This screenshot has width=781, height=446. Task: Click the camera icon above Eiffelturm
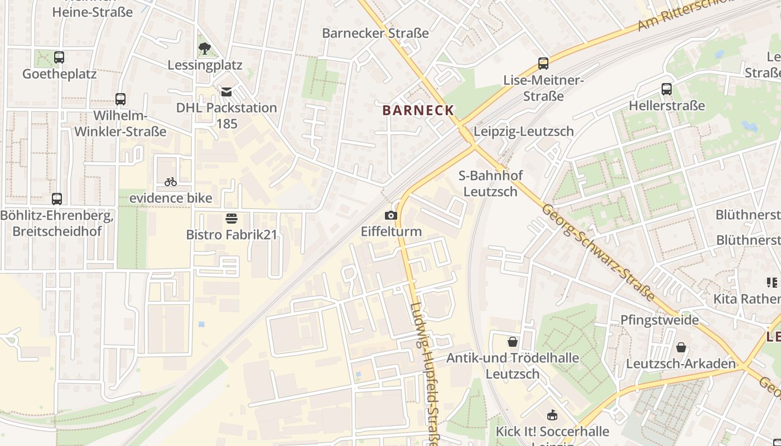pyautogui.click(x=391, y=215)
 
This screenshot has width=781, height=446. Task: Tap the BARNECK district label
pyautogui.click(x=418, y=110)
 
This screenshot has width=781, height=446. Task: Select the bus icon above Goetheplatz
pyautogui.click(x=59, y=57)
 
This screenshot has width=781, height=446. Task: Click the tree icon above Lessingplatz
pyautogui.click(x=205, y=49)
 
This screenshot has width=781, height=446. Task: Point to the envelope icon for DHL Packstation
pyautogui.click(x=226, y=91)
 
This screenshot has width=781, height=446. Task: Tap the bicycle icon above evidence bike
pyautogui.click(x=171, y=181)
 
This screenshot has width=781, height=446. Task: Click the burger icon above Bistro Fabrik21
pyautogui.click(x=232, y=218)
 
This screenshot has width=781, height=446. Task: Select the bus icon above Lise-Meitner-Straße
pyautogui.click(x=543, y=63)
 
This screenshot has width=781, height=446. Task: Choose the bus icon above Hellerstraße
pyautogui.click(x=666, y=89)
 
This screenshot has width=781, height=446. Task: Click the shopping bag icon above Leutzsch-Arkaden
pyautogui.click(x=681, y=347)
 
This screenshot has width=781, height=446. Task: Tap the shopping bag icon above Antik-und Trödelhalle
pyautogui.click(x=512, y=341)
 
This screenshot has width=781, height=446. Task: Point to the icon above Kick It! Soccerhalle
pyautogui.click(x=552, y=415)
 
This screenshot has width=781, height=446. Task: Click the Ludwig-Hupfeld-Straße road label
pyautogui.click(x=425, y=374)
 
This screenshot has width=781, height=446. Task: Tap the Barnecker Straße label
pyautogui.click(x=375, y=33)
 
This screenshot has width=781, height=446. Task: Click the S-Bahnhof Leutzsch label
pyautogui.click(x=490, y=183)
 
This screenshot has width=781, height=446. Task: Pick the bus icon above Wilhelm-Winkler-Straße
pyautogui.click(x=120, y=99)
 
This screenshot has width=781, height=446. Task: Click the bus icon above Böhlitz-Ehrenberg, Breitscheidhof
pyautogui.click(x=57, y=198)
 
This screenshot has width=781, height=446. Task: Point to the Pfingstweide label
pyautogui.click(x=660, y=320)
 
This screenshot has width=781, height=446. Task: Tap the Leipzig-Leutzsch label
pyautogui.click(x=523, y=132)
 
